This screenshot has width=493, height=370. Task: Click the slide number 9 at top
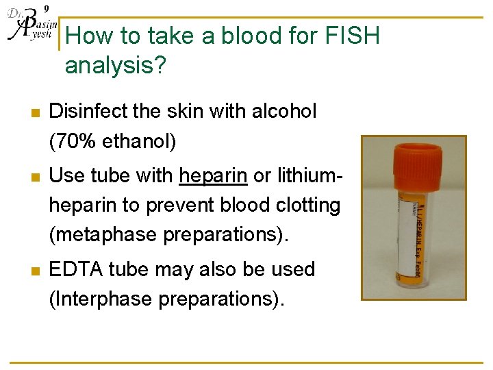pyautogui.click(x=46, y=8)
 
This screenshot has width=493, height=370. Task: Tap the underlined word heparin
pyautogui.click(x=213, y=175)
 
